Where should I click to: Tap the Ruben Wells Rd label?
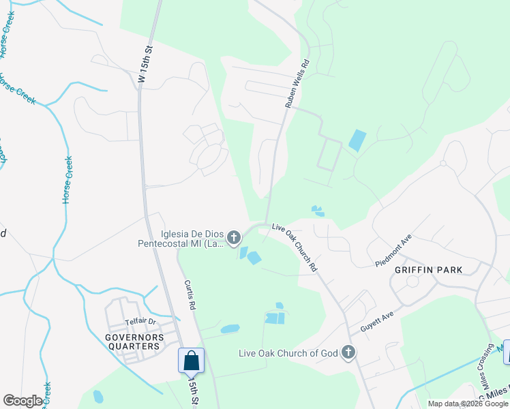tap(297, 82)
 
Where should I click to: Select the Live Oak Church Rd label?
tap(295, 247)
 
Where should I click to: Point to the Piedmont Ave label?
tap(393, 252)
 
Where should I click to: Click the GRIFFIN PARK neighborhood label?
tap(428, 270)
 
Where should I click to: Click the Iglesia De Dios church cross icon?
tap(234, 238)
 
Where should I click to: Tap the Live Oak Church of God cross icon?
tap(348, 352)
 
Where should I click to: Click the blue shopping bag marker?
tap(192, 360)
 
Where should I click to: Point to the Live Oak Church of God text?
tap(288, 353)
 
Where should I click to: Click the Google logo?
tap(22, 401)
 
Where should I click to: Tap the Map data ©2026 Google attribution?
tap(467, 404)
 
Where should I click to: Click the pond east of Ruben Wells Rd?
tap(357, 140)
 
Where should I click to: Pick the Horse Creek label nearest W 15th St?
tap(67, 179)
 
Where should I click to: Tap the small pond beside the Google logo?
tap(98, 397)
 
